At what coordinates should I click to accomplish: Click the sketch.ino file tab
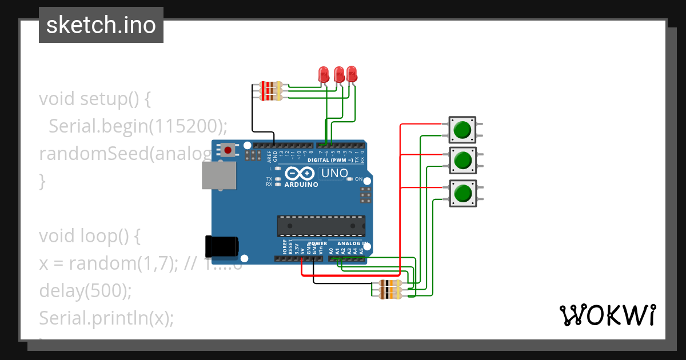click(x=101, y=25)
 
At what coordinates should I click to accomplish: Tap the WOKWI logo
click(x=607, y=315)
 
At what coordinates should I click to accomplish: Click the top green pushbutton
click(x=462, y=130)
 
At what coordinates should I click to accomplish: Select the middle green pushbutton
click(x=462, y=161)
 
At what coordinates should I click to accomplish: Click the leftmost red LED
click(x=324, y=74)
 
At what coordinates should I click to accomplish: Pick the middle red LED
click(x=339, y=74)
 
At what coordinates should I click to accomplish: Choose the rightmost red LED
click(x=352, y=74)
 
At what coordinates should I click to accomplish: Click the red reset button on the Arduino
click(x=228, y=150)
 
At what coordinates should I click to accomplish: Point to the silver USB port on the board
click(x=218, y=175)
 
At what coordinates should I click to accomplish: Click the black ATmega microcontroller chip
click(x=321, y=226)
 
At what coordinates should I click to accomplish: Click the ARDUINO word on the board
click(x=301, y=185)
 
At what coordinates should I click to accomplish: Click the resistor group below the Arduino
click(x=390, y=290)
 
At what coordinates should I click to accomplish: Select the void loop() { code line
click(x=89, y=236)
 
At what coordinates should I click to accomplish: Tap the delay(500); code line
click(x=85, y=291)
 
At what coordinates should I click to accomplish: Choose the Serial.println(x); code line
click(x=106, y=318)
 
